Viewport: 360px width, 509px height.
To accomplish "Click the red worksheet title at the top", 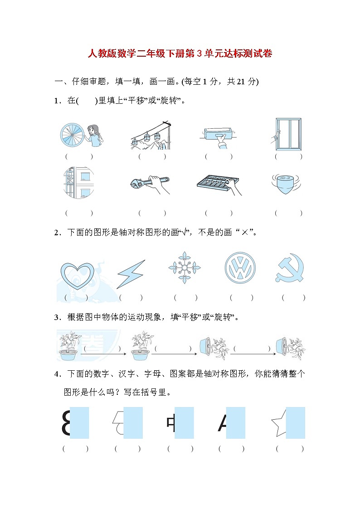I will pyautogui.click(x=180, y=54).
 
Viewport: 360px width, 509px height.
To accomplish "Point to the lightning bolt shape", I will pyautogui.click(x=131, y=274).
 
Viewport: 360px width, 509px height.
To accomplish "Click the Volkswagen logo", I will pyautogui.click(x=240, y=268).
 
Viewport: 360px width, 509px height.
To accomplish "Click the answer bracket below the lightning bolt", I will pyautogui.click(x=131, y=298).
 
